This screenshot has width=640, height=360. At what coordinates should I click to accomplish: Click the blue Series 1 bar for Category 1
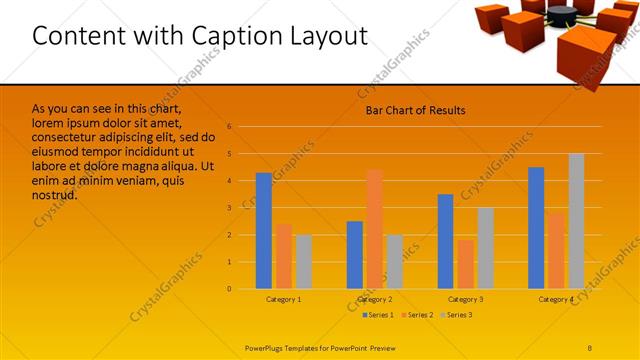tap(263, 231)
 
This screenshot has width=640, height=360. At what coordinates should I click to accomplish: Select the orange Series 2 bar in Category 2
tap(374, 229)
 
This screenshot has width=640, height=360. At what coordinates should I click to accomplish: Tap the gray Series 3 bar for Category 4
tap(576, 221)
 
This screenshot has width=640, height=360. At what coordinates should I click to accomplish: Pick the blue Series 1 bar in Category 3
tap(445, 241)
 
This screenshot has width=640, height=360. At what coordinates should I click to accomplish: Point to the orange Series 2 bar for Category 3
tap(465, 264)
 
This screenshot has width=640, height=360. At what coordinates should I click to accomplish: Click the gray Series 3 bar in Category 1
tap(303, 261)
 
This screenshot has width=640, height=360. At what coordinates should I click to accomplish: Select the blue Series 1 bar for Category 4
tap(536, 228)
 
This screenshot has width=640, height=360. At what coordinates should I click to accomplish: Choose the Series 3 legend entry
tap(455, 315)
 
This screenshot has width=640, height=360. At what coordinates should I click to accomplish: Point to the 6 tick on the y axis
tap(229, 127)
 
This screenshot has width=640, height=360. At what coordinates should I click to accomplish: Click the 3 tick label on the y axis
tap(229, 208)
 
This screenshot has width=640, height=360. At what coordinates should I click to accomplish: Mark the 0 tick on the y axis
tap(229, 289)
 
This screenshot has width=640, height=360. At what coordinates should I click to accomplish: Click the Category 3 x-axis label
tap(465, 299)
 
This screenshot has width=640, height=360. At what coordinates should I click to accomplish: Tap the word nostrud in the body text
tap(54, 195)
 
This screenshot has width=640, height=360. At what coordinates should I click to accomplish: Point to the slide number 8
tap(589, 347)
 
